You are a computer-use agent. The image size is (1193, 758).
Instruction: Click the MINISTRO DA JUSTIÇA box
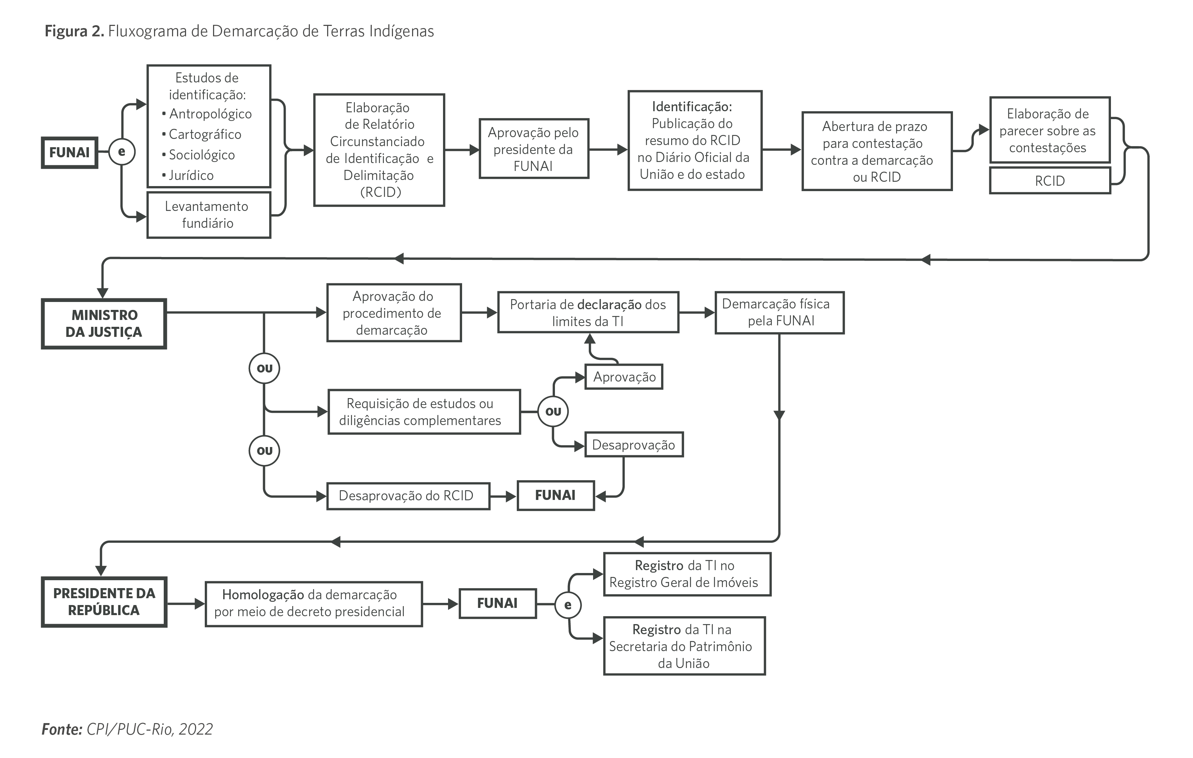[x=104, y=324]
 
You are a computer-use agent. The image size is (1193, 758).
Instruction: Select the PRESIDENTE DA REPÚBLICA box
[x=104, y=601]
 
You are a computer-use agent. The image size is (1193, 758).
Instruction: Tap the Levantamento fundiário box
[x=209, y=215]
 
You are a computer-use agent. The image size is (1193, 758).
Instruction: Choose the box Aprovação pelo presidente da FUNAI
[x=534, y=149]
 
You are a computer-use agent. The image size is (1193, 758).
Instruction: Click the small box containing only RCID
[x=1049, y=181]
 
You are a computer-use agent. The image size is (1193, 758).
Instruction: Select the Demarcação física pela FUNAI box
[x=779, y=313]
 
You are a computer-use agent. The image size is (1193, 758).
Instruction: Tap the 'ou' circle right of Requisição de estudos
[x=553, y=411]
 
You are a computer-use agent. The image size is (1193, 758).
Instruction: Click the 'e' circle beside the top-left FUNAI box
[x=121, y=152]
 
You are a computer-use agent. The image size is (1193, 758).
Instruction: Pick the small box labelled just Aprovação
[x=624, y=377]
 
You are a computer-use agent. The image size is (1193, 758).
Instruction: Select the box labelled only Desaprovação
[x=634, y=445]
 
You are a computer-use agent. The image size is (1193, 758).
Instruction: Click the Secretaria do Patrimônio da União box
[x=684, y=646]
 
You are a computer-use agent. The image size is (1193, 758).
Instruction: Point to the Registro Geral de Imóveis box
[x=687, y=574]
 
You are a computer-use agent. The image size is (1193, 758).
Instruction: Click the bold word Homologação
[x=263, y=595]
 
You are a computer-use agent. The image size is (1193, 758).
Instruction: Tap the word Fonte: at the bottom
[x=62, y=729]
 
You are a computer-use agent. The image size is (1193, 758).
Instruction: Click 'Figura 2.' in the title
[x=74, y=31]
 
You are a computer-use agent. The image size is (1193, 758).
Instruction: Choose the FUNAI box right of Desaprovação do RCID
[x=555, y=495]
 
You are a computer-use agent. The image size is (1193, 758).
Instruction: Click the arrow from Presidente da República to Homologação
[x=186, y=604]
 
